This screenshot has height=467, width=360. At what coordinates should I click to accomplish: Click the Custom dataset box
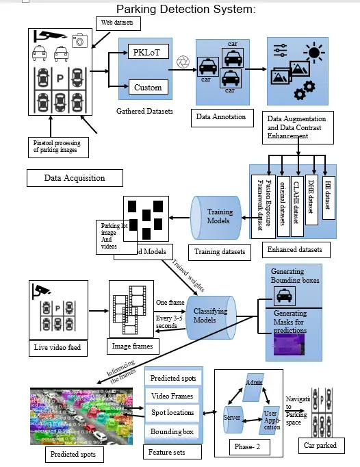(148, 87)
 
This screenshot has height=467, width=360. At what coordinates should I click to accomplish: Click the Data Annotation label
(220, 117)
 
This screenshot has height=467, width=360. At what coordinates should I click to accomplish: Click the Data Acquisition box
(75, 177)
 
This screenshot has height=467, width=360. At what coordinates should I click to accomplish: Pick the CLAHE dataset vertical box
(296, 199)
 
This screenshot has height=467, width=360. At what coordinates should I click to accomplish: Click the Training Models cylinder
(217, 216)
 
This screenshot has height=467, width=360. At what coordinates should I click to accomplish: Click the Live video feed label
(57, 348)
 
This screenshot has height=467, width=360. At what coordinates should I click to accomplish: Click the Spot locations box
(172, 413)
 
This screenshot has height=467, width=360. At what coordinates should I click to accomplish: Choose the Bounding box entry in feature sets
(172, 431)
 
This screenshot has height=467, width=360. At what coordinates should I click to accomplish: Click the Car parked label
(320, 446)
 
